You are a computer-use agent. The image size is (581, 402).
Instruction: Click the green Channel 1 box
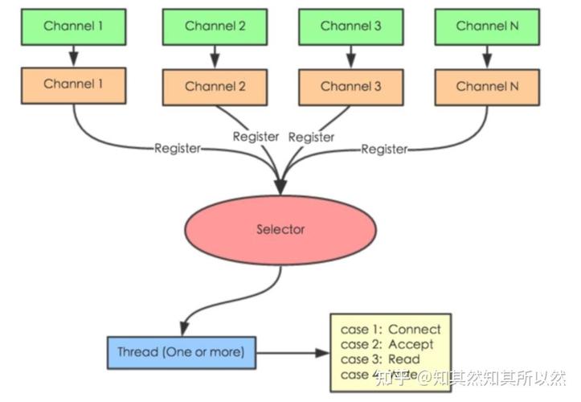[x=73, y=26]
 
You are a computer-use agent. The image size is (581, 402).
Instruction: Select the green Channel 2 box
[x=215, y=26]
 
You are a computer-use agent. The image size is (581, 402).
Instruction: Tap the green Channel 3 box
[x=350, y=26]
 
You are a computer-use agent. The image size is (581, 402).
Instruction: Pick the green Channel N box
[x=486, y=26]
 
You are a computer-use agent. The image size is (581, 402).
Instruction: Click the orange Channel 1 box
[x=73, y=84]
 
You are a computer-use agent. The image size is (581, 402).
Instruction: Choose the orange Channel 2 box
[x=215, y=87]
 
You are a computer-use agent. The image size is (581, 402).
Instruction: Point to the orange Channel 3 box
[x=350, y=87]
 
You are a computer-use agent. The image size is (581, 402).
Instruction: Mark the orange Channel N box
[x=486, y=87]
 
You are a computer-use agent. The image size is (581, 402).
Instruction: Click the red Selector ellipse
[x=280, y=230]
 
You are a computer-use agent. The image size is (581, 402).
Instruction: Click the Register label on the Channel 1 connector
[x=178, y=149]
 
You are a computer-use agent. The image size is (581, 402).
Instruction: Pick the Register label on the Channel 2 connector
[x=256, y=137]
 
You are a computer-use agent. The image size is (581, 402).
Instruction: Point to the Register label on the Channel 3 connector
[x=311, y=137]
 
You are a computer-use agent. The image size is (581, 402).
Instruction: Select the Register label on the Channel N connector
[x=384, y=149]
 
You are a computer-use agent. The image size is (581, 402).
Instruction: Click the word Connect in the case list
[x=414, y=329]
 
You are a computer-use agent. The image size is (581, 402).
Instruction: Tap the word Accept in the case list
[x=411, y=344]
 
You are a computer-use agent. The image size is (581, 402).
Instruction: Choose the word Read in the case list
[x=404, y=359]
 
